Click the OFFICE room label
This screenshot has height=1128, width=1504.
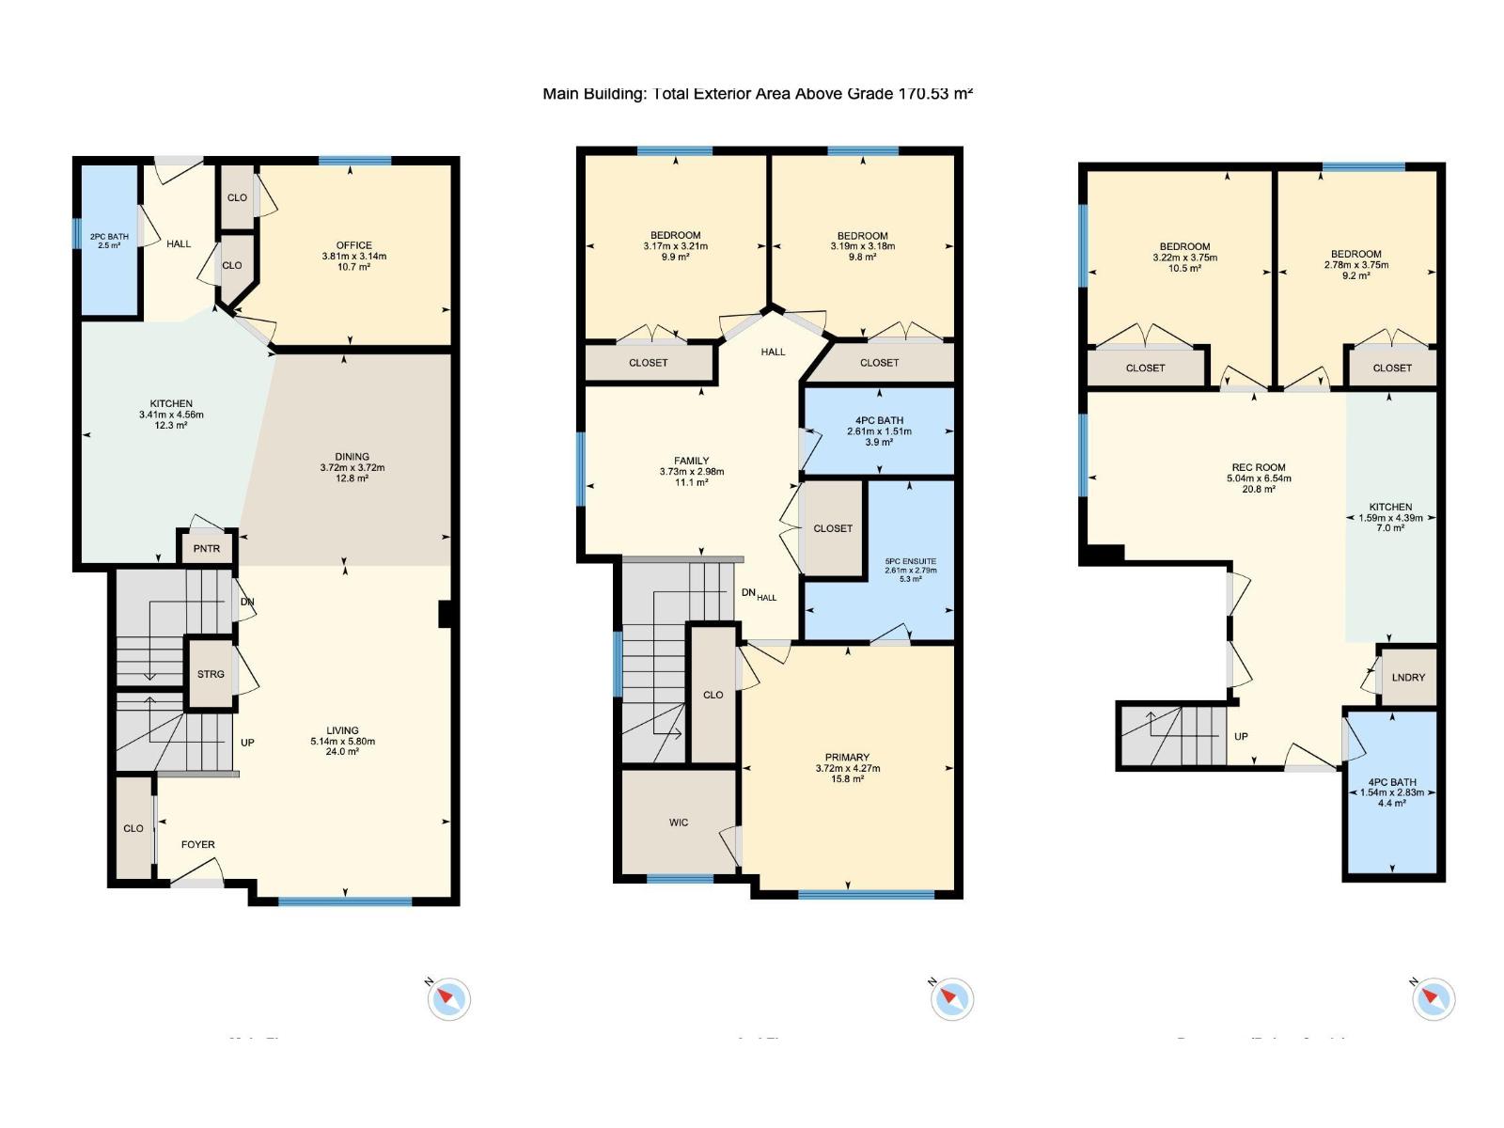(x=354, y=245)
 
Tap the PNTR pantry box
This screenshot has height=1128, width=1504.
(x=206, y=548)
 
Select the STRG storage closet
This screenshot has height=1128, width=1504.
(x=211, y=674)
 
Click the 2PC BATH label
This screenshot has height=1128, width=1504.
(x=109, y=237)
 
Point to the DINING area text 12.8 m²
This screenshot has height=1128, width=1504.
(x=352, y=478)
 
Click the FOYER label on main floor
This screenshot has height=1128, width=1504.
(x=197, y=844)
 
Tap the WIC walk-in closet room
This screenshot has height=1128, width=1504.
(x=679, y=822)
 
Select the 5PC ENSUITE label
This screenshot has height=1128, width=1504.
(x=910, y=561)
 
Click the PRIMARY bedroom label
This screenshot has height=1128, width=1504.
(x=847, y=757)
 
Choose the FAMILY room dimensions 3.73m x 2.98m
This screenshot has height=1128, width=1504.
(x=692, y=472)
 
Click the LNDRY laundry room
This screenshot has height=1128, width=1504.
(x=1408, y=677)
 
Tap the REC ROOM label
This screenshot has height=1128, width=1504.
(x=1259, y=467)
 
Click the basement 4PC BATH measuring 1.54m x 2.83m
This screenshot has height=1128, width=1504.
(x=1392, y=792)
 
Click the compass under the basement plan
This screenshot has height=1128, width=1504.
(x=1433, y=998)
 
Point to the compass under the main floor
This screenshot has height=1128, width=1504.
(x=448, y=998)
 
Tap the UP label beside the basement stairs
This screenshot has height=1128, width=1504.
(x=1241, y=736)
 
